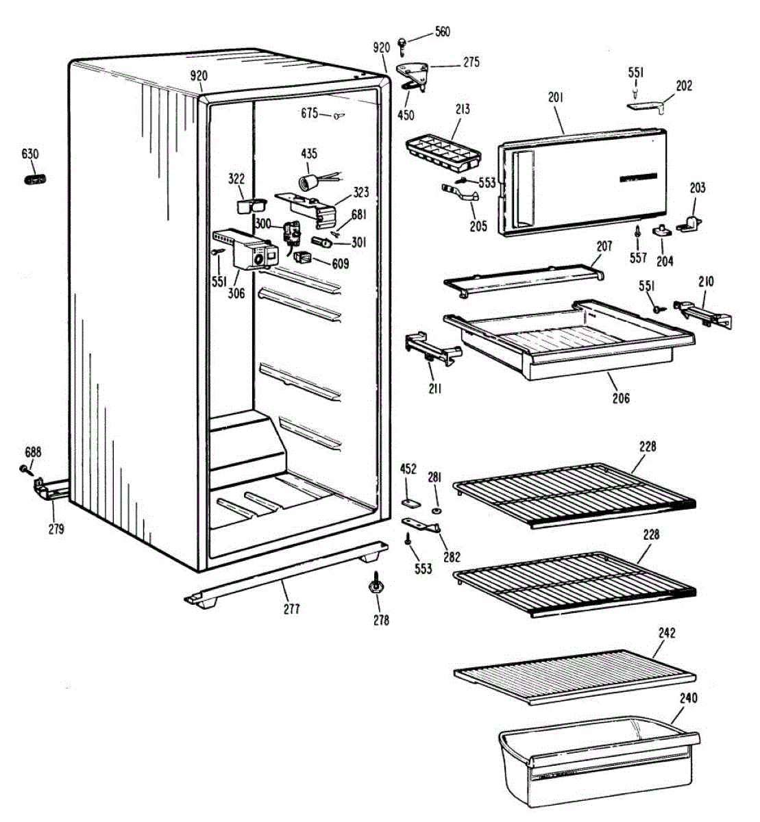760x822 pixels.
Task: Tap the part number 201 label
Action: point(555,98)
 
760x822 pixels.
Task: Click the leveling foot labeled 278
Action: point(376,586)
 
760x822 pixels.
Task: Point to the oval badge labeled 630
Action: point(34,179)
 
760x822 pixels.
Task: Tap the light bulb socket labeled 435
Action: point(306,182)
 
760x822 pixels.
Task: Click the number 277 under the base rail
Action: point(292,608)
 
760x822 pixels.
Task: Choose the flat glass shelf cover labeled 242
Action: point(574,674)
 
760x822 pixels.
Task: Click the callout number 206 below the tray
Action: point(622,397)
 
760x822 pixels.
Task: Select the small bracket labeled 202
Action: point(648,106)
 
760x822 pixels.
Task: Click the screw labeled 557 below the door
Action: point(637,232)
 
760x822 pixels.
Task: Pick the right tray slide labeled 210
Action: point(702,312)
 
